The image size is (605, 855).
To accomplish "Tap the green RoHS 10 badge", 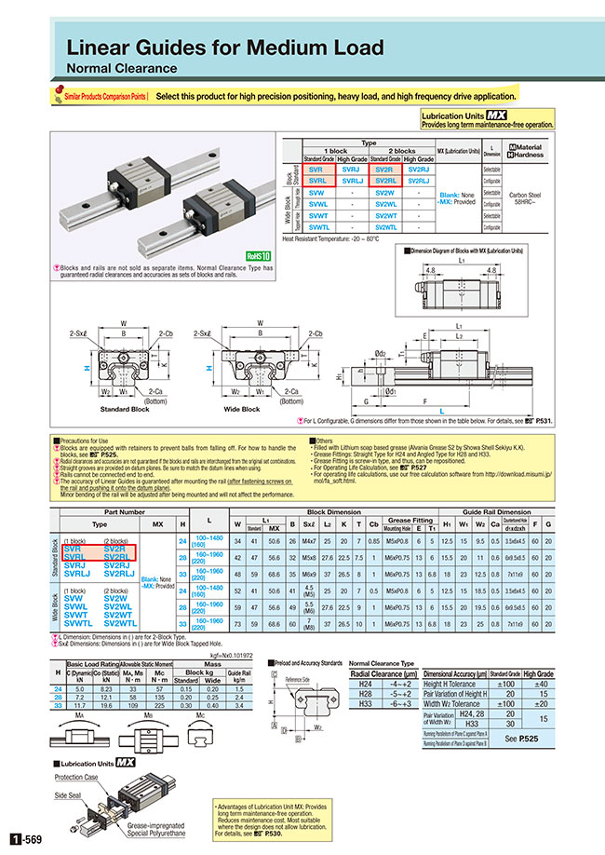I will (257, 254).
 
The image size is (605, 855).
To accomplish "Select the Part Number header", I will (124, 513).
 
